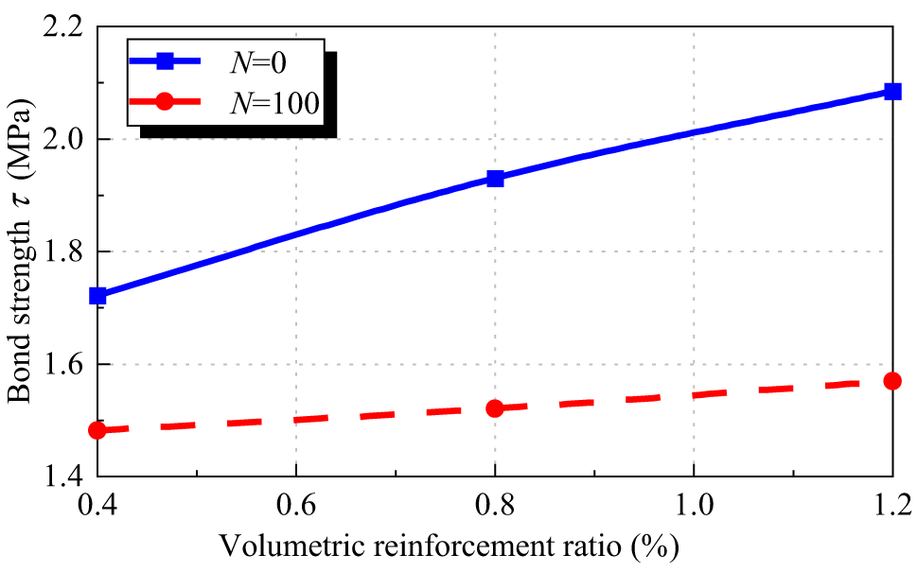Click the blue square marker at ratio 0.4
[97, 296]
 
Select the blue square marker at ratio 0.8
[495, 179]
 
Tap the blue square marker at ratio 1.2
[891, 92]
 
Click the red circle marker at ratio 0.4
[97, 430]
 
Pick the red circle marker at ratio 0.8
[495, 408]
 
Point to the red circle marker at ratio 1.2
[891, 381]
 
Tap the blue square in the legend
[165, 61]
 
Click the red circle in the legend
[165, 100]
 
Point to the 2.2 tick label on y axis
[62, 27]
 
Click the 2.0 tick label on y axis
[62, 140]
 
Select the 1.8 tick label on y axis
[62, 252]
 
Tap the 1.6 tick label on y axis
[62, 365]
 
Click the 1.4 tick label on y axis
[62, 476]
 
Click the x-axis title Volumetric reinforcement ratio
[450, 547]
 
